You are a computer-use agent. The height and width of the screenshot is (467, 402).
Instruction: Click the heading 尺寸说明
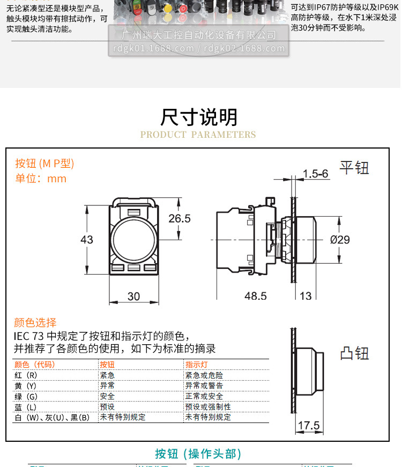click(198, 116)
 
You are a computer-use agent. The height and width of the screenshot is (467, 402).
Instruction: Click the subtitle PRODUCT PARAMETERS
click(198, 135)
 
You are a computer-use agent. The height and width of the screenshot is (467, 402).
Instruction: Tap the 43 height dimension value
click(87, 240)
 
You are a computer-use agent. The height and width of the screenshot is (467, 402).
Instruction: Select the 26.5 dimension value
click(179, 219)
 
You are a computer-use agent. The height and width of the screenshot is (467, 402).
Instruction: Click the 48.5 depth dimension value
click(256, 296)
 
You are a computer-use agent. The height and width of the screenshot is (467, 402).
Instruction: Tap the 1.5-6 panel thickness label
click(315, 174)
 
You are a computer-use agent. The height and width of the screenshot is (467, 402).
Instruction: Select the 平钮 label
click(354, 168)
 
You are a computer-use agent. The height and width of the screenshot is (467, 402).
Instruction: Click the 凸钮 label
click(354, 353)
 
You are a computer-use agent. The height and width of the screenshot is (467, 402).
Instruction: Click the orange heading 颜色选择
click(35, 323)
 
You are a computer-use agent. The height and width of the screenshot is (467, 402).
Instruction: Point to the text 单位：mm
click(41, 179)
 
